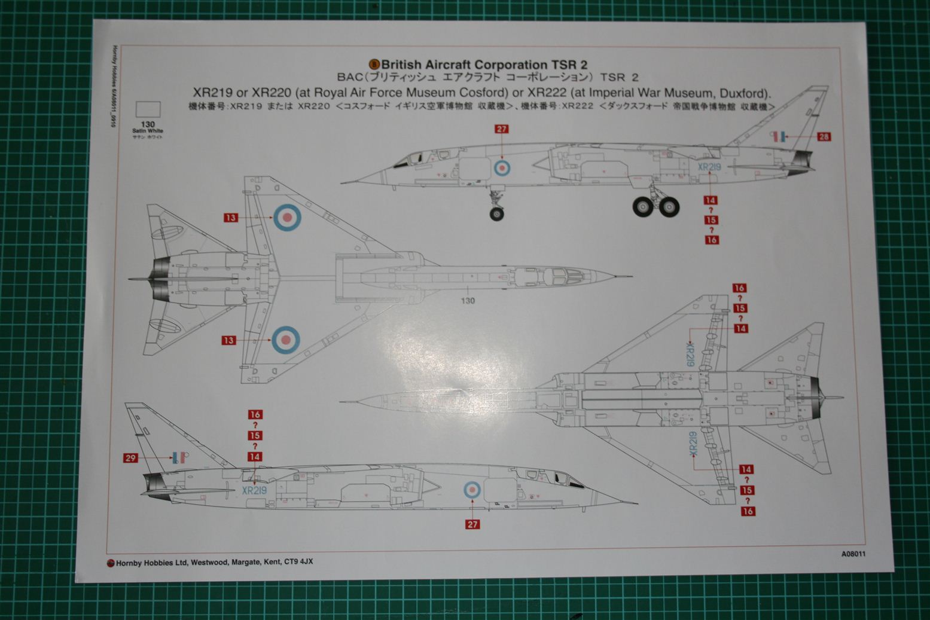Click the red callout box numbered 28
click(824, 137)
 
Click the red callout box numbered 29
click(130, 459)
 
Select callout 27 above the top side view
click(501, 129)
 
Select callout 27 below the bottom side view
click(472, 524)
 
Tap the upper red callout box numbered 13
click(231, 218)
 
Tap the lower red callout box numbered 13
click(228, 340)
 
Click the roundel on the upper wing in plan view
click(286, 216)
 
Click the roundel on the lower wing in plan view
click(285, 340)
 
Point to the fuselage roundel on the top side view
click(501, 168)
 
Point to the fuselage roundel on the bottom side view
click(472, 491)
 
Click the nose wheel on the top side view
click(496, 213)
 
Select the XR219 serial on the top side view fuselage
click(709, 167)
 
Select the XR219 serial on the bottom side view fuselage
click(254, 490)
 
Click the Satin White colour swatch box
click(148, 109)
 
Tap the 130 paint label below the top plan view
click(468, 300)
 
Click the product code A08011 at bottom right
click(853, 554)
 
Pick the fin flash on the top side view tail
click(778, 136)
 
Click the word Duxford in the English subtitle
click(745, 93)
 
